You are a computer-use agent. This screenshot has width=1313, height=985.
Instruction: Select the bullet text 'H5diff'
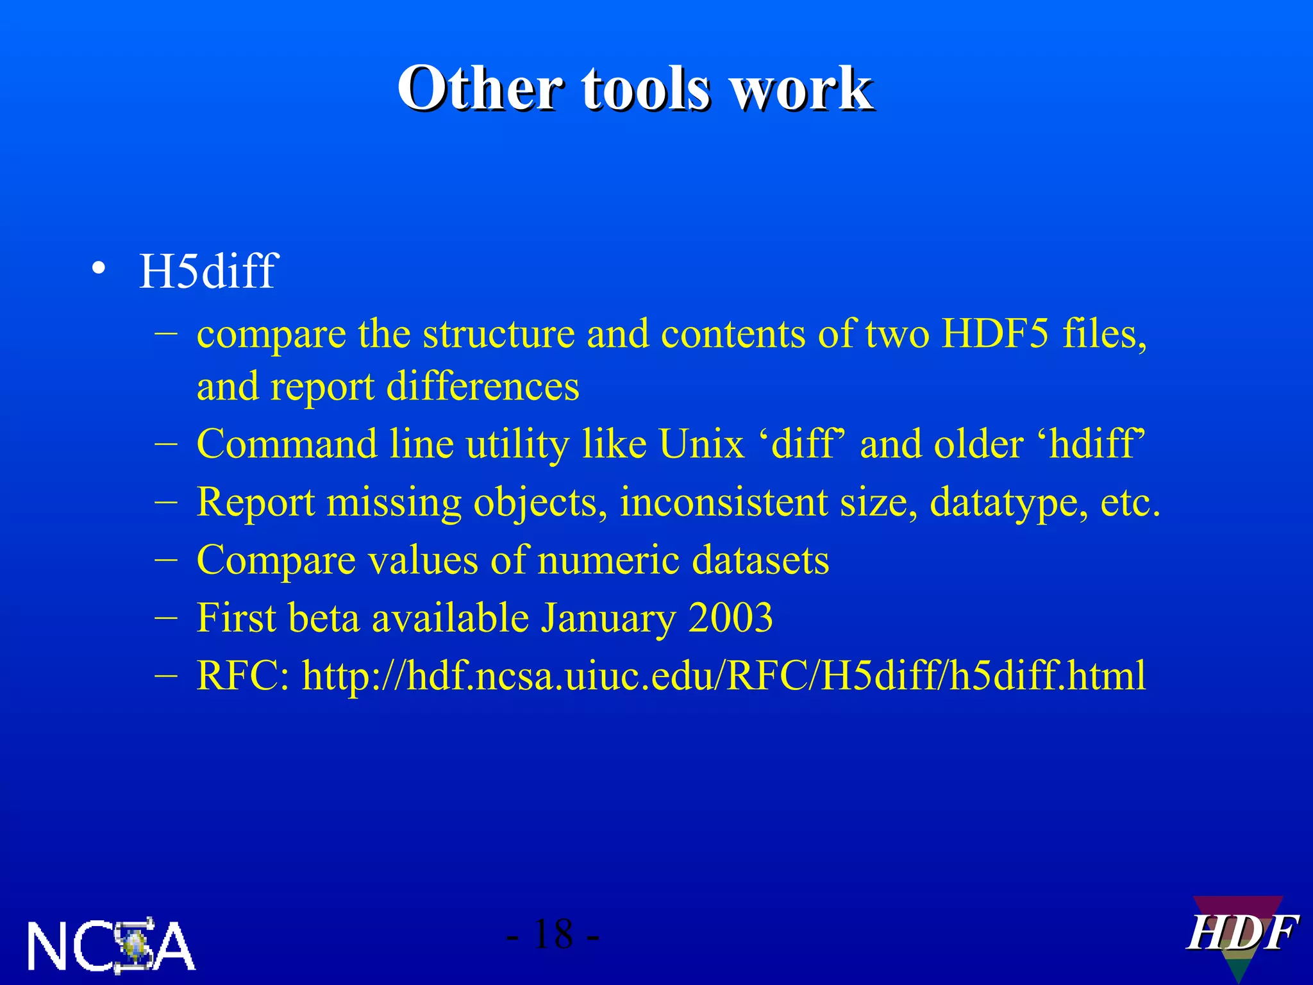(208, 271)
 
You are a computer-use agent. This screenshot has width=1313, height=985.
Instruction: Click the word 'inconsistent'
(724, 502)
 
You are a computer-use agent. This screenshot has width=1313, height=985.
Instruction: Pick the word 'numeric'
(608, 560)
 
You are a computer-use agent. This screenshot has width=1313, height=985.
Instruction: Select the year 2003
(731, 618)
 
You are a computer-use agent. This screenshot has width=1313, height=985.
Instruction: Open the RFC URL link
(724, 676)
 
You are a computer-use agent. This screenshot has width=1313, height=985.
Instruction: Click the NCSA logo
(111, 944)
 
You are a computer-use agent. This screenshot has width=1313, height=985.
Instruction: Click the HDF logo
(1241, 934)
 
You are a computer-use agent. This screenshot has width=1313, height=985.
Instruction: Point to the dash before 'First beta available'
(167, 618)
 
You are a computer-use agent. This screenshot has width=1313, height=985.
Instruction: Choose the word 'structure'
(498, 334)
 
